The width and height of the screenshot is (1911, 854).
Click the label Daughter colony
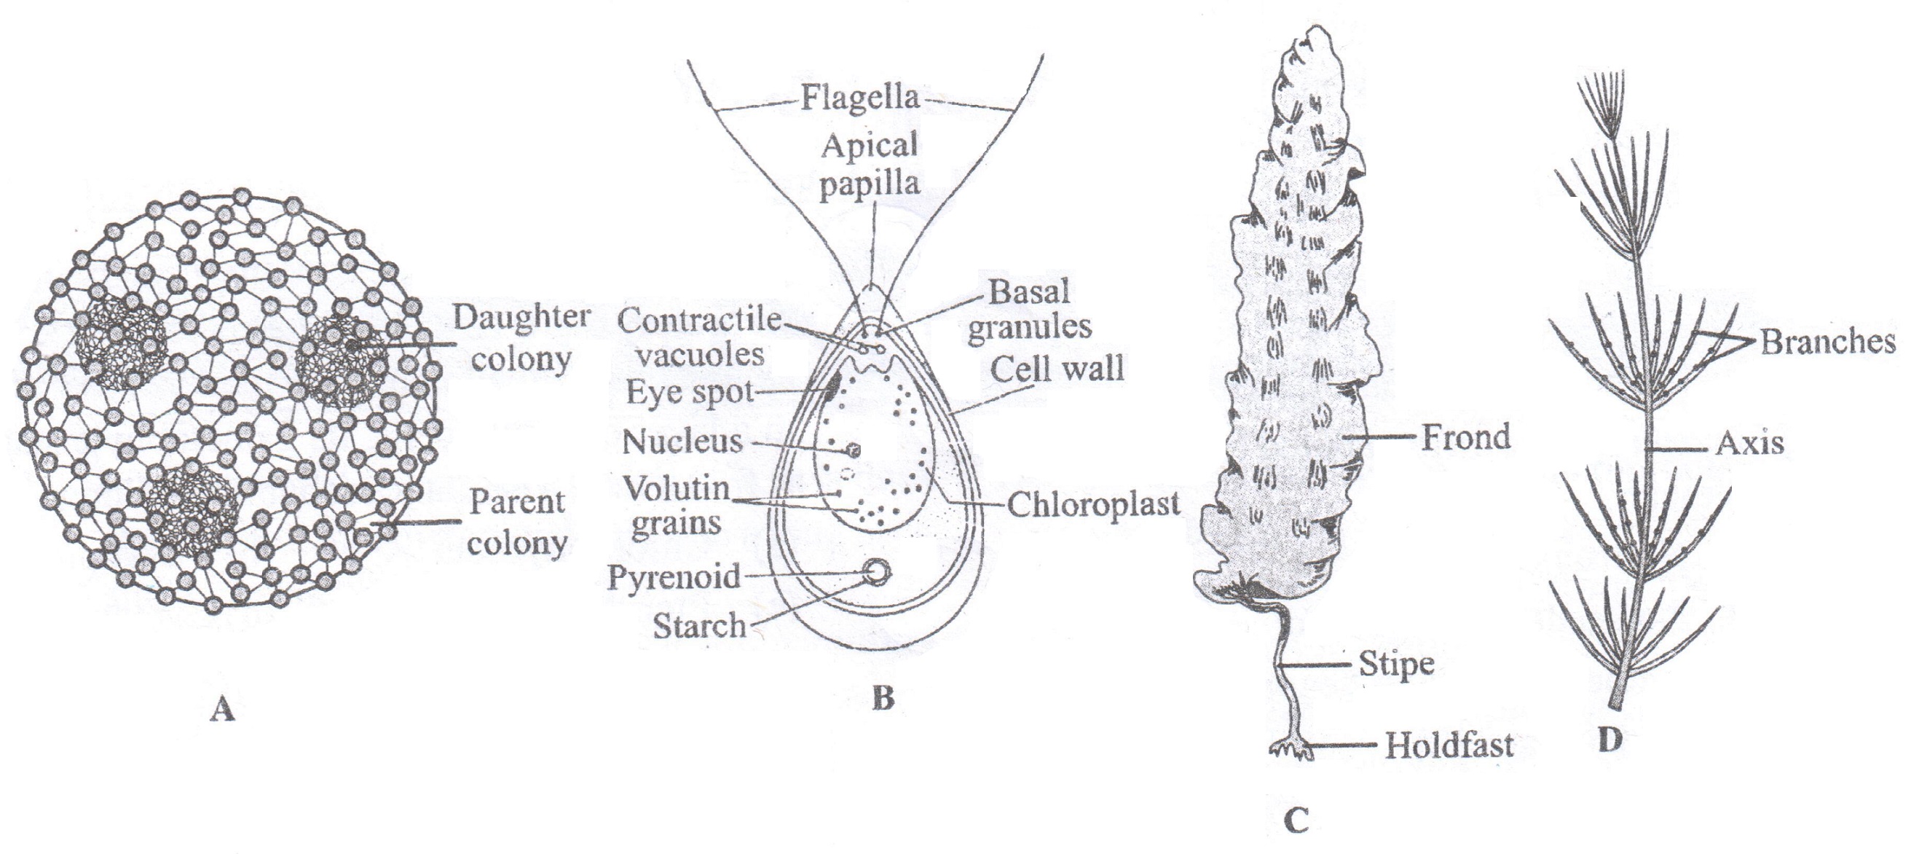521,338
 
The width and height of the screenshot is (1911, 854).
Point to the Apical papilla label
870,164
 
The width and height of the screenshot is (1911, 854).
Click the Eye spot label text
689,391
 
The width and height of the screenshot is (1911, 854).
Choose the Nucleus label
682,442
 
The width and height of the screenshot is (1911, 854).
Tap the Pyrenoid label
674,576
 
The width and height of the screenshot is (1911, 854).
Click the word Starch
699,625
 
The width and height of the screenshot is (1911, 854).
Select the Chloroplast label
1093,504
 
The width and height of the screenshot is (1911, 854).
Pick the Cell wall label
1057,369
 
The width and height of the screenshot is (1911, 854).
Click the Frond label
1465,437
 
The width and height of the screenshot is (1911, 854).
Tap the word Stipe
1395,663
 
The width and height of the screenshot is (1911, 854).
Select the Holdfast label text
1449,745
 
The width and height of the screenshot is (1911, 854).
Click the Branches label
1828,342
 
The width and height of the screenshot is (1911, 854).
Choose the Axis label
1749,444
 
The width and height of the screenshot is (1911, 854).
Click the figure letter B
883,698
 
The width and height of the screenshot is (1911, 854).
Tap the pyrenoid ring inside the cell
877,571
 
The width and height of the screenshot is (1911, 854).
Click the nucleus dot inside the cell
854,450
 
